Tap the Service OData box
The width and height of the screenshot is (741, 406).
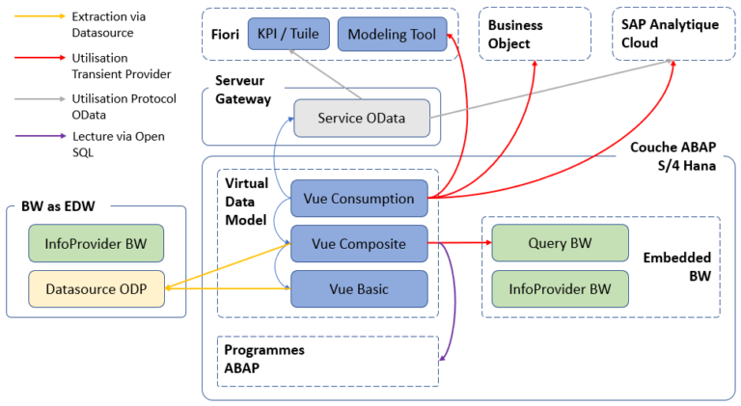[362, 118]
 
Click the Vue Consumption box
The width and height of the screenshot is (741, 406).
[359, 199]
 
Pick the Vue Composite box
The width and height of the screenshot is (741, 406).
[359, 244]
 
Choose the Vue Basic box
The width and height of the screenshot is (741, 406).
[359, 288]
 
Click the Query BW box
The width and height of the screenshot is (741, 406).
[560, 244]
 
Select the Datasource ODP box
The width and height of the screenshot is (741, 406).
[96, 288]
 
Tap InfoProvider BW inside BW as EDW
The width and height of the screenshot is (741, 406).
[96, 243]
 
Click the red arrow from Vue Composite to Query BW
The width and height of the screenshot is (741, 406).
[459, 244]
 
